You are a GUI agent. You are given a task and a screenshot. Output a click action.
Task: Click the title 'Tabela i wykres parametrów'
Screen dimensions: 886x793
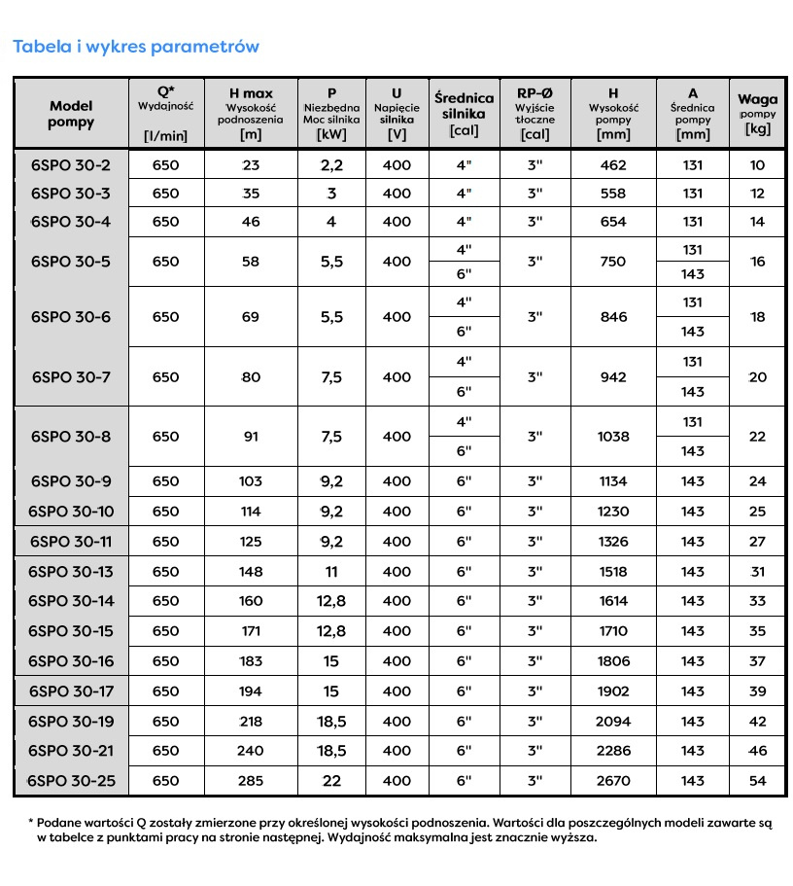tap(135, 47)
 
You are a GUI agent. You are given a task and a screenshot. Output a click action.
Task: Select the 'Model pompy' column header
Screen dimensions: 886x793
tap(71, 114)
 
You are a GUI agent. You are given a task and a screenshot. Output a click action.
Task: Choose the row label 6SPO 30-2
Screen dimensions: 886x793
tap(71, 165)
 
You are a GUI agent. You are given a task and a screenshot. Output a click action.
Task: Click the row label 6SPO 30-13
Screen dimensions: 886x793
tap(71, 572)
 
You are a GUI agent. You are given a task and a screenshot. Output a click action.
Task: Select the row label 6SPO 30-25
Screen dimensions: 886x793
tap(71, 781)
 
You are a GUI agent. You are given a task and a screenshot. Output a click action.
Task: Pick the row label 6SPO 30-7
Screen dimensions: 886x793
tap(71, 376)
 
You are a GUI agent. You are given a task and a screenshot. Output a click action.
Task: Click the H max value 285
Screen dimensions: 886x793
tap(251, 781)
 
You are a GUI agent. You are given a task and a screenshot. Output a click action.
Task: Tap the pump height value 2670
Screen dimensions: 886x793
tap(613, 781)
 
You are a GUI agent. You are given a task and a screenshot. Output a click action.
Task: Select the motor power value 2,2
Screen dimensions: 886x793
tap(331, 165)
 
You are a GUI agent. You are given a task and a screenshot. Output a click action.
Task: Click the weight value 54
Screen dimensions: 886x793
tap(758, 781)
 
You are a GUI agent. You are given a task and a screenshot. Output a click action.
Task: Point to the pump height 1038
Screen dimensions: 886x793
tap(613, 437)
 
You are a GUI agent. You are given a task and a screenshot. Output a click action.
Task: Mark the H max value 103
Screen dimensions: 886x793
tap(251, 481)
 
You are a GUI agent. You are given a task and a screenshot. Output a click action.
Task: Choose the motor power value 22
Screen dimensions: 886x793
tap(331, 781)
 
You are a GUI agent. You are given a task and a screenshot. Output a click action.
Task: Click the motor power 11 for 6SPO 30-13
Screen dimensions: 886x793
tap(331, 572)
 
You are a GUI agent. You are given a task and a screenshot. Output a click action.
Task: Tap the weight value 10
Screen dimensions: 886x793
tap(758, 165)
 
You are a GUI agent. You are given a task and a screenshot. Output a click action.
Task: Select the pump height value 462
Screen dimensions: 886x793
tap(613, 165)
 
